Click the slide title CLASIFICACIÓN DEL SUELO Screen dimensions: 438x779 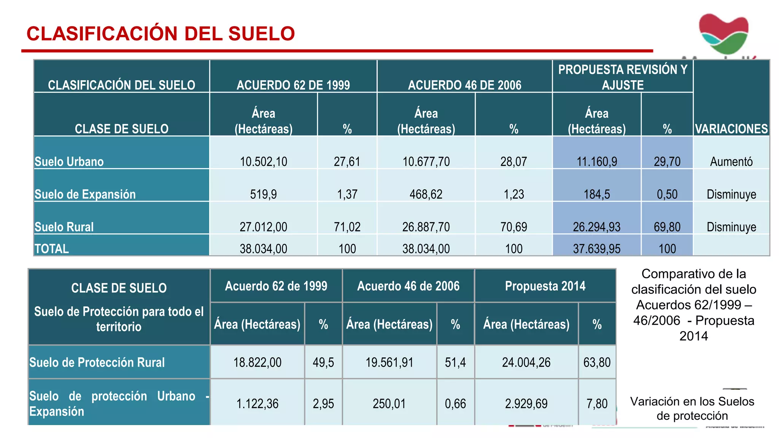click(x=161, y=33)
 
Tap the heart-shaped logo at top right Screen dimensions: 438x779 click(x=723, y=33)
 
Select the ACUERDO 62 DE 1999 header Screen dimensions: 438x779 click(x=293, y=85)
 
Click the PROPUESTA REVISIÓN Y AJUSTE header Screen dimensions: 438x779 click(x=623, y=77)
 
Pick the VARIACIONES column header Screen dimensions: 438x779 click(x=731, y=129)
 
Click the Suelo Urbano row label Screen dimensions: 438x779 click(x=69, y=162)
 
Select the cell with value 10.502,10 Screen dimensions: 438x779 click(x=263, y=162)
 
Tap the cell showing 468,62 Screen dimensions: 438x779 click(x=426, y=194)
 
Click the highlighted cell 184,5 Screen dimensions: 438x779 click(x=596, y=194)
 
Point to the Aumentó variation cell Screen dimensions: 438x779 click(x=731, y=162)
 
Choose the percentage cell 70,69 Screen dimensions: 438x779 click(x=514, y=227)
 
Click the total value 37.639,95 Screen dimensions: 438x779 click(x=596, y=249)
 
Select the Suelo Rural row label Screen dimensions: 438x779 click(x=64, y=227)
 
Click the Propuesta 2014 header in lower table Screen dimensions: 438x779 click(x=545, y=286)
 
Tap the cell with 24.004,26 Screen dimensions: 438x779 click(x=526, y=362)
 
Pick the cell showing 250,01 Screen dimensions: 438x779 click(x=389, y=403)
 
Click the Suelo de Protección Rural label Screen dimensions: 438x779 click(x=97, y=362)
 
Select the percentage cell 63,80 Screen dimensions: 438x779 click(x=597, y=362)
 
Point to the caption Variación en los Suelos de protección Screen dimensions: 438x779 click(x=692, y=408)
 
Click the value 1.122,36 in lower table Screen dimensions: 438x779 click(x=258, y=403)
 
